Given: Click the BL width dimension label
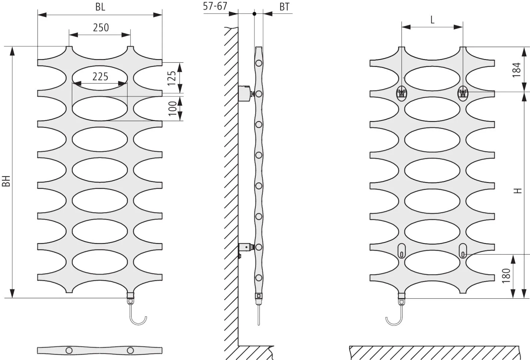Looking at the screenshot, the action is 100,7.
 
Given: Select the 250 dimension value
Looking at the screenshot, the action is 101,28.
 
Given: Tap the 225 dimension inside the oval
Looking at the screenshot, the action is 100,77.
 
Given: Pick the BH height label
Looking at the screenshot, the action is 6,181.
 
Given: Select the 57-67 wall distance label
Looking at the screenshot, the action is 215,6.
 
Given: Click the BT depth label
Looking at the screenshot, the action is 284,7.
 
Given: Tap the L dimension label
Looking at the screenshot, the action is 432,20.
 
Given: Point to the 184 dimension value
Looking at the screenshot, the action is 517,70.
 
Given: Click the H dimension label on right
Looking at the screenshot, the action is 518,191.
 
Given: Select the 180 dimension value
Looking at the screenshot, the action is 506,276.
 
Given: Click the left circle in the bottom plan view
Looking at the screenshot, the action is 69,351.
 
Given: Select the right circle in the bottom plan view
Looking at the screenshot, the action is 130,351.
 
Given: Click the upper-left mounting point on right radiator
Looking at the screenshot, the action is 401,93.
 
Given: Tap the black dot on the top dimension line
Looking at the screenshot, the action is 255,14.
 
